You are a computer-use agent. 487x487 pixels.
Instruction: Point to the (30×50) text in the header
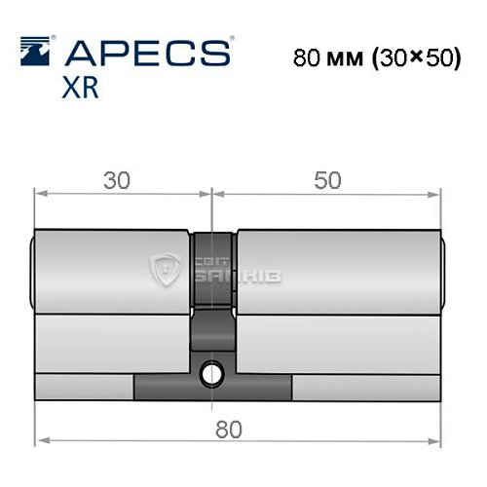[414, 57]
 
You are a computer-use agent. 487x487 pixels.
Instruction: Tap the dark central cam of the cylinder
[211, 292]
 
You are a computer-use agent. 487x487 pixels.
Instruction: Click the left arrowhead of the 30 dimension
[41, 193]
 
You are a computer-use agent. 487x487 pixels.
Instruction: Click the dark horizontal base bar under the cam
[211, 390]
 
